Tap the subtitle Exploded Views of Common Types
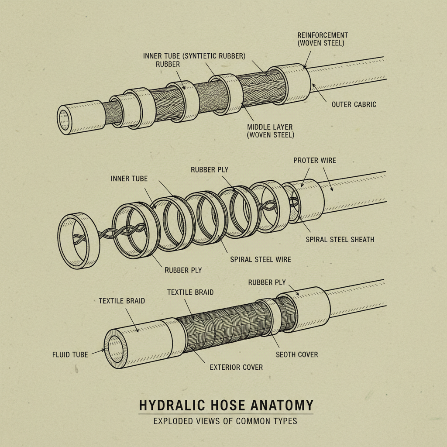pos(225,421)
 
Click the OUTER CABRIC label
pos(354,104)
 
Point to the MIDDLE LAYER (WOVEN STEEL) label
pos(270,131)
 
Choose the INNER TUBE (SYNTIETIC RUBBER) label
pos(194,56)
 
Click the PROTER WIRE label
pos(315,160)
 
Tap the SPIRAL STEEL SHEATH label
pos(340,239)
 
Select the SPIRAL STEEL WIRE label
pos(261,259)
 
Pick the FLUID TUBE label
pos(70,354)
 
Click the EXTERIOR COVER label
pos(236,367)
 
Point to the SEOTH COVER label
pos(297,354)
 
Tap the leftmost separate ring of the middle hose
pos(79,240)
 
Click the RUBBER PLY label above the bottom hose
pos(267,282)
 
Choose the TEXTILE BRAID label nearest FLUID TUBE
pos(122,301)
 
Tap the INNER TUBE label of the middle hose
pos(129,179)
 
